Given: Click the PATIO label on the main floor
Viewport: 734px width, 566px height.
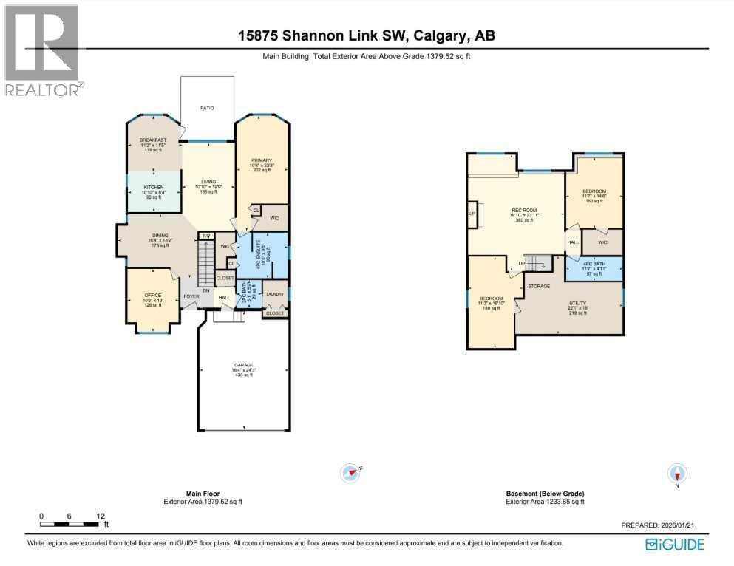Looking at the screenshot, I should [208, 108].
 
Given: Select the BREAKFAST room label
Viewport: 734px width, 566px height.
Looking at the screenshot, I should [154, 140].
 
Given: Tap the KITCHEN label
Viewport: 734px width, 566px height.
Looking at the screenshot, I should [153, 187].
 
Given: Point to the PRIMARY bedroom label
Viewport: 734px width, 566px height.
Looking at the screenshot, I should [261, 160].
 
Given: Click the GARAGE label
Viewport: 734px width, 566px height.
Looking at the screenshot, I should [243, 365].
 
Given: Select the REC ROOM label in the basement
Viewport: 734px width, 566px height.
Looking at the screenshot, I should [523, 210].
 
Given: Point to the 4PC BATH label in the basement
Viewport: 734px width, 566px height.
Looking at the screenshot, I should [594, 264].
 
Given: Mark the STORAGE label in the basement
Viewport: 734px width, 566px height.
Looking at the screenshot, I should [538, 285].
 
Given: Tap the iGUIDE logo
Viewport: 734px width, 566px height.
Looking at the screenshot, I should [674, 545].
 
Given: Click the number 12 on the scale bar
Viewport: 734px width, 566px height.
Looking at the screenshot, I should [100, 516].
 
